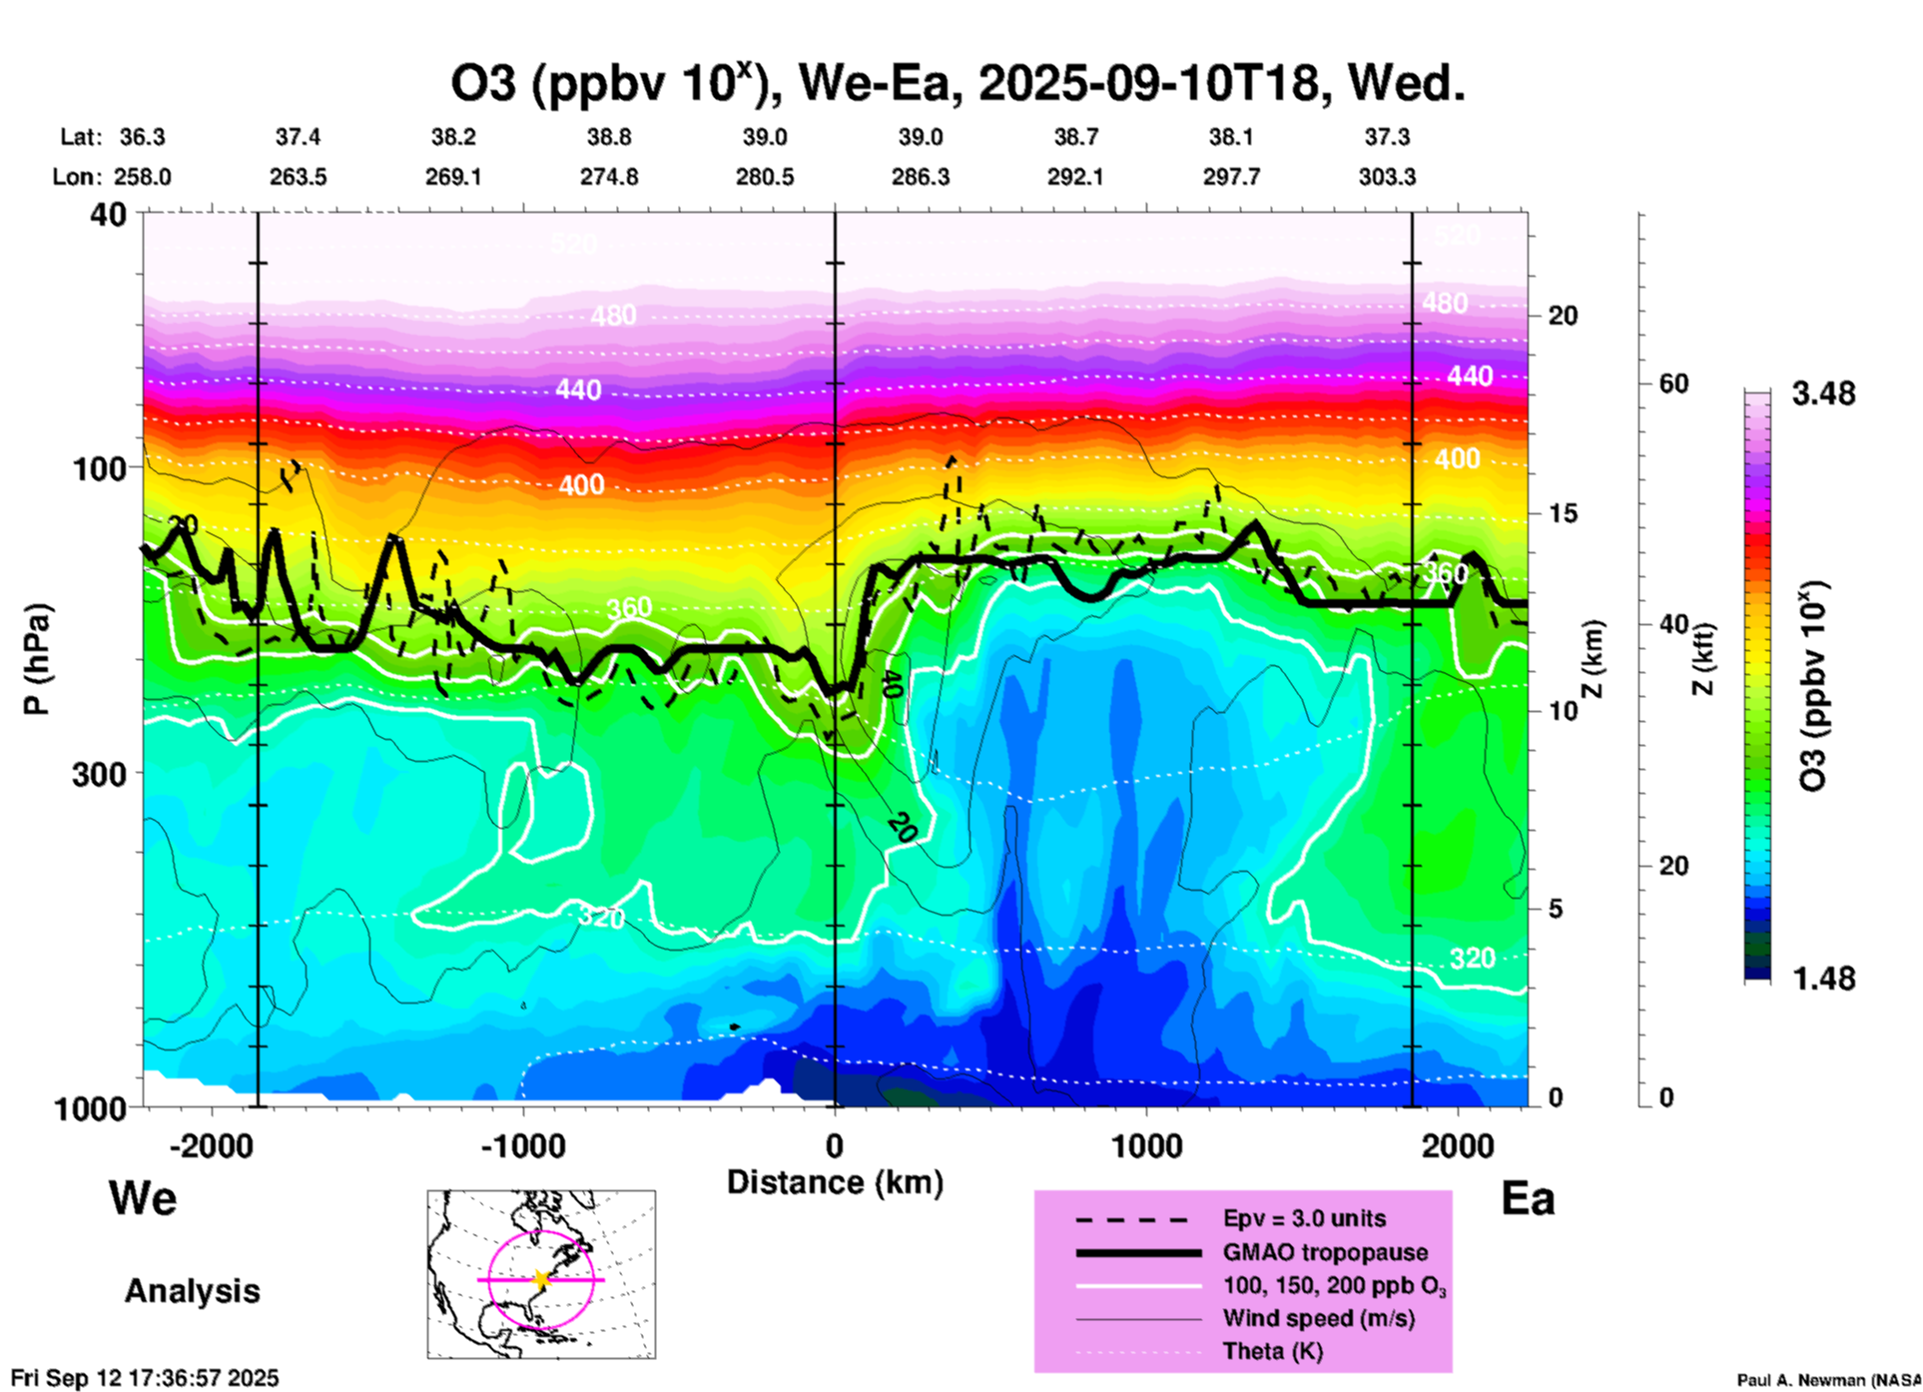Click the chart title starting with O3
(x=958, y=84)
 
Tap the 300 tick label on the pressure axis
(x=99, y=774)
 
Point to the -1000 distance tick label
(x=522, y=1146)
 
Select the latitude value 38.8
(x=608, y=137)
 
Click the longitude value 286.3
(x=920, y=177)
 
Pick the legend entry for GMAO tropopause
(x=1325, y=1252)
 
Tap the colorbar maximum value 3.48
(x=1823, y=394)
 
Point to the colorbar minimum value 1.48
(x=1823, y=979)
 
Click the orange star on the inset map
(x=541, y=1279)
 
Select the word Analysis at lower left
(x=192, y=1291)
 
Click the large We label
(x=143, y=1197)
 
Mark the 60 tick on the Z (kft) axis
(x=1673, y=384)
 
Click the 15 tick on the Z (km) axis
(x=1563, y=513)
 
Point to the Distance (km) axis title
(x=835, y=1182)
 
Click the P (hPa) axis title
(x=37, y=659)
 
